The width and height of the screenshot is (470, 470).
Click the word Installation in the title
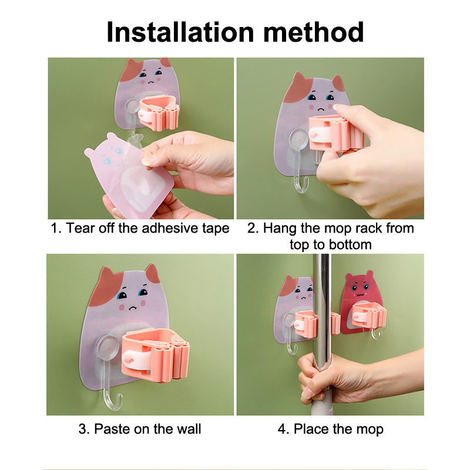coord(180,32)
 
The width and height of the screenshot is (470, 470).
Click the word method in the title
coord(314,32)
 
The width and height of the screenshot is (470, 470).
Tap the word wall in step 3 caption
coord(189,429)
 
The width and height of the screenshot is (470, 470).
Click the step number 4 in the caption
coord(281,429)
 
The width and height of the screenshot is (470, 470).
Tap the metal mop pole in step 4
coord(321,312)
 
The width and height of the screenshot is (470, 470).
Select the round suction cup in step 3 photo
coord(107,347)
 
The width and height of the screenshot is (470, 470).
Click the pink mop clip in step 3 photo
coord(155,355)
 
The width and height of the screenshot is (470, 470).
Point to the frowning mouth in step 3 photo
coord(132,308)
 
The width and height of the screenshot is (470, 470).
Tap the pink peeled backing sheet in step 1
coord(129,174)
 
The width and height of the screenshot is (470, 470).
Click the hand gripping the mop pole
coord(327,378)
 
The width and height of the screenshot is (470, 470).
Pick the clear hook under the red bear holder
coord(377,334)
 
